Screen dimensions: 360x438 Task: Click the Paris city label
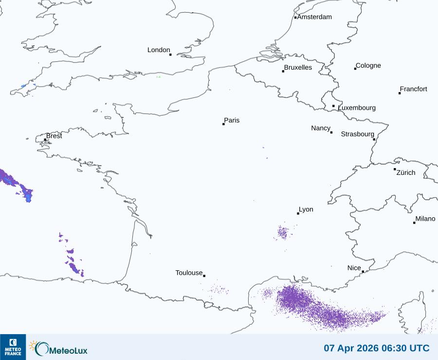tap(232, 120)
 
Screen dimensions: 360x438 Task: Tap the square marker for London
tap(170, 55)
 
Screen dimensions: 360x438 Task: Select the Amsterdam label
tap(314, 17)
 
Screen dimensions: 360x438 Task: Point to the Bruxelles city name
tap(298, 68)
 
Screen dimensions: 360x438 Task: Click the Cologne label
tap(368, 66)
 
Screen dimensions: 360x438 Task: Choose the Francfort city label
tap(413, 89)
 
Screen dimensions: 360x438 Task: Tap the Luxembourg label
tap(357, 108)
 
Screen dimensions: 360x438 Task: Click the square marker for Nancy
tap(331, 133)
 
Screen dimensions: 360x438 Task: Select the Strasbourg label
tap(357, 134)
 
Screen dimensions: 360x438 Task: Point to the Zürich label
tap(406, 172)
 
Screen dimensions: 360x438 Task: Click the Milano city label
tap(425, 219)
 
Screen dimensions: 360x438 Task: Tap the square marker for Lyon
tap(298, 213)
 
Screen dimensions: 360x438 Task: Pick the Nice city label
tap(354, 268)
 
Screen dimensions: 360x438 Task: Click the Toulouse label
tap(189, 273)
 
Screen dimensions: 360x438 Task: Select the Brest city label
tap(54, 136)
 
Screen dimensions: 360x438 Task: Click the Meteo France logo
tap(13, 347)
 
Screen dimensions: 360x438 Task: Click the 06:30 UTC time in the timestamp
tap(404, 348)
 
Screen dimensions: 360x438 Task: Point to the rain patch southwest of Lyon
tap(283, 232)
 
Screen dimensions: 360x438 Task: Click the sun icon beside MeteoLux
tap(33, 345)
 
